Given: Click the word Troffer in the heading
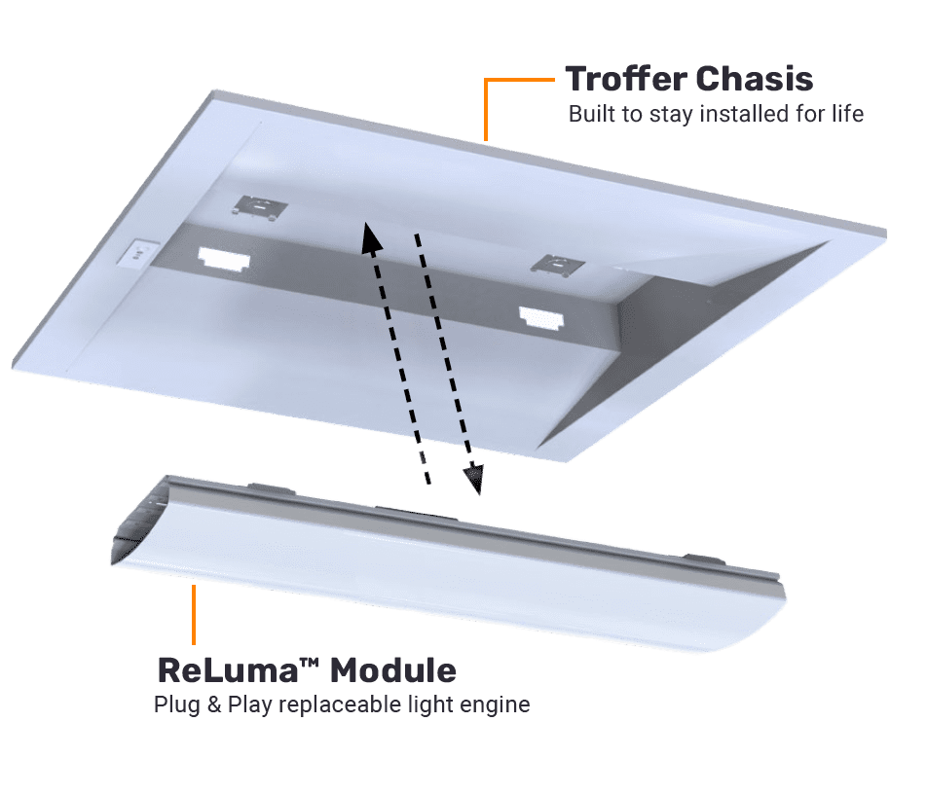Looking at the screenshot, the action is point(626,79).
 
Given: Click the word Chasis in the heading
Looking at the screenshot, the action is point(755,79).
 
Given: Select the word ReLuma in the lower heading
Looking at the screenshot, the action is point(228,670).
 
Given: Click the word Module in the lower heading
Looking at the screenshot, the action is point(393,670).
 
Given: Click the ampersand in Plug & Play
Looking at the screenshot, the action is point(214,704).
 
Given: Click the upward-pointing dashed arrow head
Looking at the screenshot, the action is point(372,237).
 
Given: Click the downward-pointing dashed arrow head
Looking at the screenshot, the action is point(473,478).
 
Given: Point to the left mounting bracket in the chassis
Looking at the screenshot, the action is point(260,208).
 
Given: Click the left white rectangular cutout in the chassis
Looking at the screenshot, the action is point(224,259).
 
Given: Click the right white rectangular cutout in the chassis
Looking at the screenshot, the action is point(541,318).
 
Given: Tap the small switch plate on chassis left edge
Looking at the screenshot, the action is point(138,254).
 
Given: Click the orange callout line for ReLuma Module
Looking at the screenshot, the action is point(194,614).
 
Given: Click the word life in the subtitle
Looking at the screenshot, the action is point(848,114).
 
